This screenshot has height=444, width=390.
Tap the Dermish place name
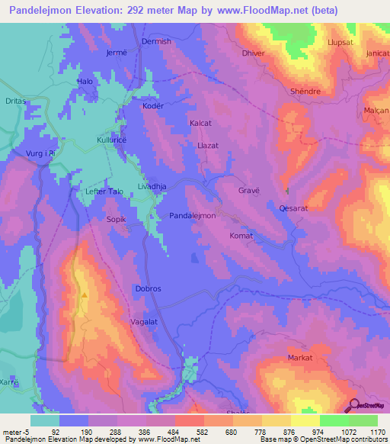156,42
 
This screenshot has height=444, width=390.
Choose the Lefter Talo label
104,192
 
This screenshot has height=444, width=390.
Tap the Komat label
241,236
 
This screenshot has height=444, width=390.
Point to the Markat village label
300,358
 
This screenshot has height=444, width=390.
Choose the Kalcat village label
200,122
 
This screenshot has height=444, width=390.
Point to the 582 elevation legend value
202,431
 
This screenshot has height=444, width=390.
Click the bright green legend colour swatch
334,420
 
